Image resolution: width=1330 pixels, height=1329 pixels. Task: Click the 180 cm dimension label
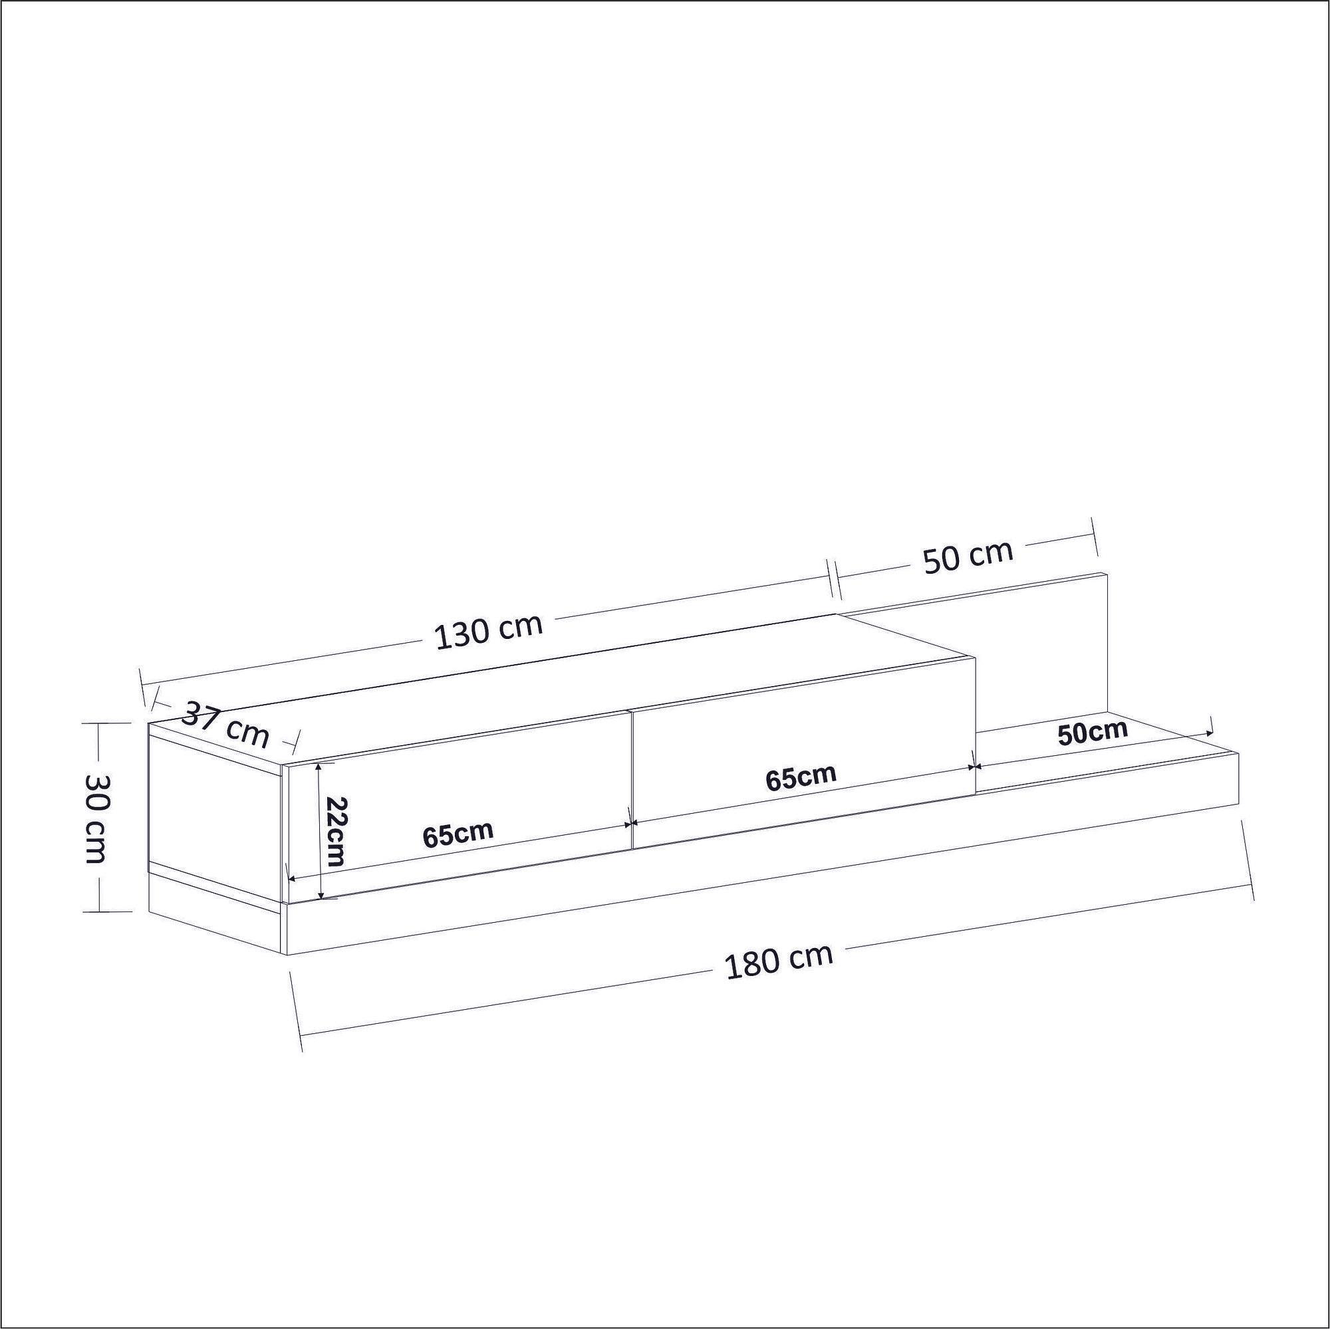click(x=779, y=963)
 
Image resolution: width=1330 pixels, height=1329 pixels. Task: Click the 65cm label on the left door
click(x=458, y=834)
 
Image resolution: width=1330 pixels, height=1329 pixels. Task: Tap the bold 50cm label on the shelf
click(x=1093, y=732)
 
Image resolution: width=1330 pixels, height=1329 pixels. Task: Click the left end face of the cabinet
click(x=215, y=819)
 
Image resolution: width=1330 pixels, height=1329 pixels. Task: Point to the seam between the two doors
click(x=631, y=778)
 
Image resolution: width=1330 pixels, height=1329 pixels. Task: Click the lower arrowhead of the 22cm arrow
click(x=321, y=896)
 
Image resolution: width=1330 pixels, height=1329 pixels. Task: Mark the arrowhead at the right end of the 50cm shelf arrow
click(x=1209, y=735)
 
